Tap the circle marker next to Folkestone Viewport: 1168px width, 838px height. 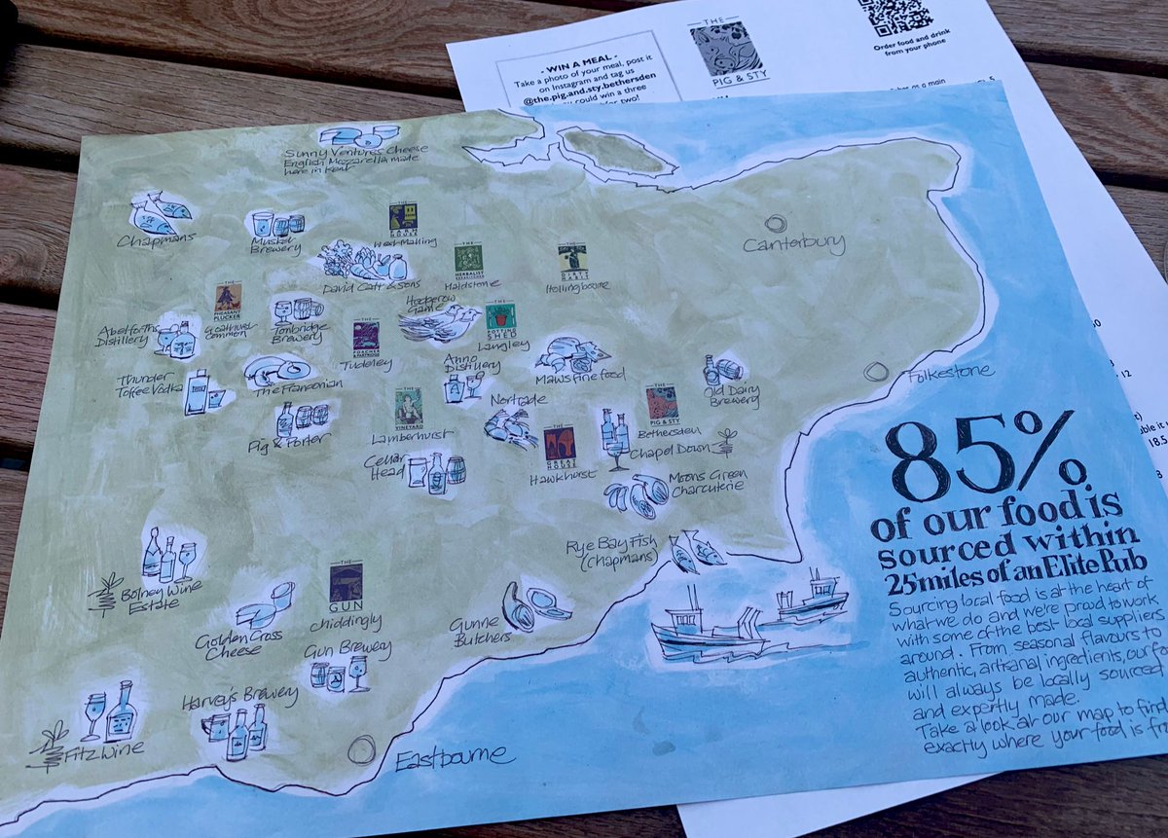876,372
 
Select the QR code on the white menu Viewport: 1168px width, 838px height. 894,17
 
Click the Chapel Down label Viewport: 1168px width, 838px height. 667,451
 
